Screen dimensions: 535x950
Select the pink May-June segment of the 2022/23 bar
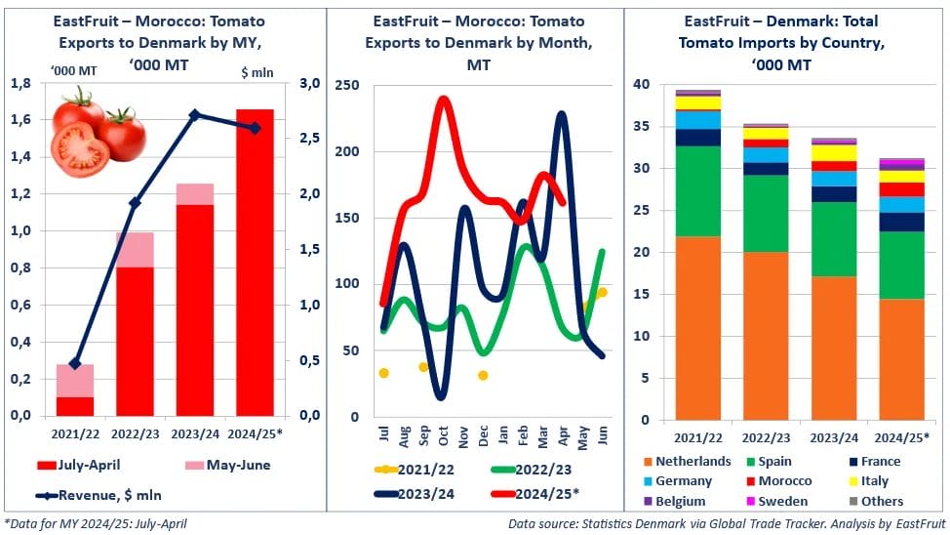point(135,249)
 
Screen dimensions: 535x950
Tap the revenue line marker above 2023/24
point(194,114)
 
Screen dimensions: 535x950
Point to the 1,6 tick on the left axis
point(19,120)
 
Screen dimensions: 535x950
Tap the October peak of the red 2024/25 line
point(444,99)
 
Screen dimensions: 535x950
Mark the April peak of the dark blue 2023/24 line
point(562,114)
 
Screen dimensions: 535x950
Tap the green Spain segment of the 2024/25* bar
point(901,265)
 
